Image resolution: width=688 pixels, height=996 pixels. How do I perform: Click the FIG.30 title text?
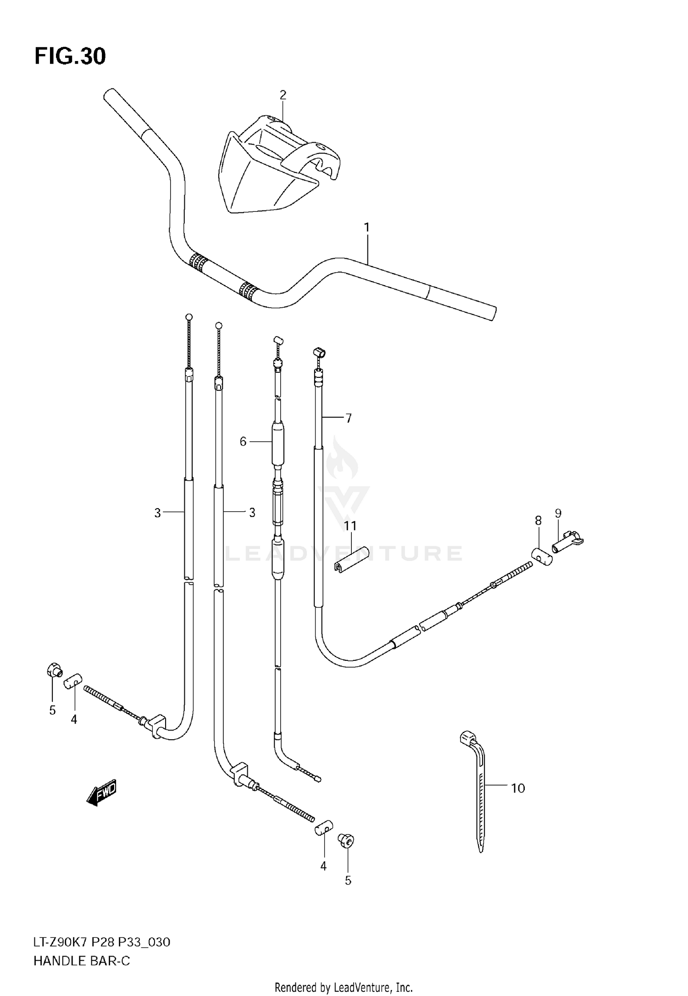point(70,57)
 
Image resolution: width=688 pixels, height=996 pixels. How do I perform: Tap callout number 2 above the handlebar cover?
point(283,95)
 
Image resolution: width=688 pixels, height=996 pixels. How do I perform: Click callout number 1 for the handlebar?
point(366,227)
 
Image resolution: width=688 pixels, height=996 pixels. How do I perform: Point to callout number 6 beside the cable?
point(243,442)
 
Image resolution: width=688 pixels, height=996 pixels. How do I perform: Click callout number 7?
point(349,418)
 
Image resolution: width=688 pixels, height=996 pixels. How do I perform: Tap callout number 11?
point(350,526)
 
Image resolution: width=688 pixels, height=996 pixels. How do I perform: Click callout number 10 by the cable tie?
point(518,788)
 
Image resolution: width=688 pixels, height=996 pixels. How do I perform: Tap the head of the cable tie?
point(467,737)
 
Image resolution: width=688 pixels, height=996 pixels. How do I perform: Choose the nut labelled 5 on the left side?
point(54,670)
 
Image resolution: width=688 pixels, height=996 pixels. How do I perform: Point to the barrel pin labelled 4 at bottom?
point(323,828)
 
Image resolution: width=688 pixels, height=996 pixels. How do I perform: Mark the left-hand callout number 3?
point(157,513)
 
